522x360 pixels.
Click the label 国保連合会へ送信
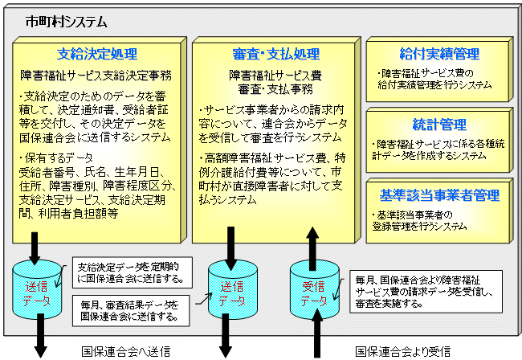tap(125, 351)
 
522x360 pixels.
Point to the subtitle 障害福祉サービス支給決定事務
tap(96, 77)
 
